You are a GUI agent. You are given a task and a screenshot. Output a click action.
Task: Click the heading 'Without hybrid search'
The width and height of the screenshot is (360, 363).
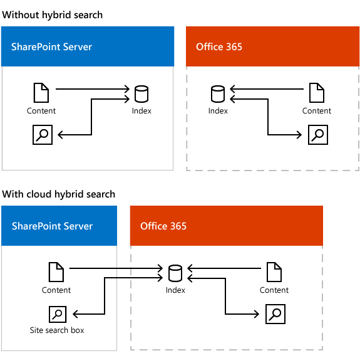(x=53, y=14)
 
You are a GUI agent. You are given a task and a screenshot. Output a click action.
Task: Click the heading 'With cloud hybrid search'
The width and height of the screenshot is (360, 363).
(x=59, y=194)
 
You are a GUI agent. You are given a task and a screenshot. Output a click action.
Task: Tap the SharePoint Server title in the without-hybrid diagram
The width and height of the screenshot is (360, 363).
(x=53, y=46)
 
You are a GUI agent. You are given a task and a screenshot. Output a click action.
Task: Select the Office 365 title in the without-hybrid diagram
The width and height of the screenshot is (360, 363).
(x=219, y=46)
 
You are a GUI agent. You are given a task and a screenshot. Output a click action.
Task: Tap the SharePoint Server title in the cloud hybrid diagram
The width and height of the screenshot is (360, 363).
(x=53, y=226)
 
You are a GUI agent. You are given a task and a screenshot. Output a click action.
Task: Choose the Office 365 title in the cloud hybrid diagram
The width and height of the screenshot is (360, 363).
(x=163, y=226)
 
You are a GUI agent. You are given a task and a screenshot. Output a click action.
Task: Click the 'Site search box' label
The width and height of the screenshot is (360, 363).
(x=57, y=330)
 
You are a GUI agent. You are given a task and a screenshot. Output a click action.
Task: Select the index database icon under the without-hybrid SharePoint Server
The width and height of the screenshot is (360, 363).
(x=141, y=94)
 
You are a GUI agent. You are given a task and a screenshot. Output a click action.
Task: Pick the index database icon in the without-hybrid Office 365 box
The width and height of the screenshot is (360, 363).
(x=218, y=94)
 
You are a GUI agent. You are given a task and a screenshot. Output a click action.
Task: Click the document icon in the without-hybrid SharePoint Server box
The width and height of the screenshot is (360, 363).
(x=41, y=94)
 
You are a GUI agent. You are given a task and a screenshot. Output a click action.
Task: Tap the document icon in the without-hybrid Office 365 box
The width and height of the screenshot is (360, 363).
(x=317, y=94)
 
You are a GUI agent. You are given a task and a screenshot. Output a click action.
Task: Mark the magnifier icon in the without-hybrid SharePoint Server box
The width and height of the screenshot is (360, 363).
(x=43, y=135)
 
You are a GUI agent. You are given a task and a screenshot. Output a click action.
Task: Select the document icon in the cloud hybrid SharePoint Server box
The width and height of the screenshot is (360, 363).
(x=56, y=273)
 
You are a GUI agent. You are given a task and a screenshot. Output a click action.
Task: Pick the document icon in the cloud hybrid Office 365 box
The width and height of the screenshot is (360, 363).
(x=274, y=273)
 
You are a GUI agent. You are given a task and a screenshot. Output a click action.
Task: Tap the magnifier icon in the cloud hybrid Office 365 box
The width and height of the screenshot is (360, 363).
(x=275, y=313)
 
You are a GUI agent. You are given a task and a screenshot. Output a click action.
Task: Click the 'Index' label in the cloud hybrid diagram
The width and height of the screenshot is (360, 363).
(x=175, y=290)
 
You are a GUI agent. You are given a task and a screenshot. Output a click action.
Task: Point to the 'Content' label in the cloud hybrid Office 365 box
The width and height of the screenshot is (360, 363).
(x=274, y=290)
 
